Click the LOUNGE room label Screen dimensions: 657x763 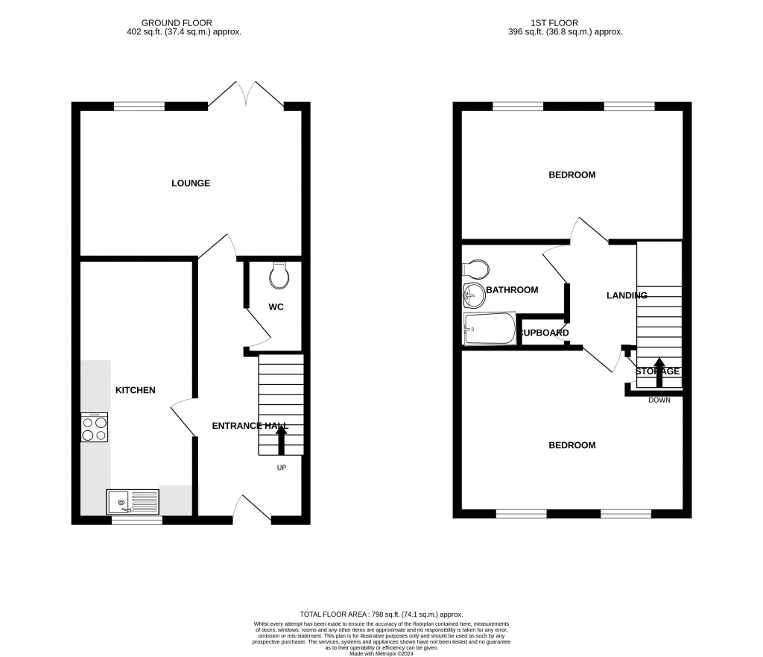pyautogui.click(x=191, y=183)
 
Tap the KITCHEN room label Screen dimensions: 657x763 pyautogui.click(x=135, y=390)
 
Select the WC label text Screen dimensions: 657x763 pyautogui.click(x=276, y=307)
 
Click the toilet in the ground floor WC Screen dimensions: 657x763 pyautogui.click(x=280, y=275)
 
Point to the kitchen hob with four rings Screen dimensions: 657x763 pyautogui.click(x=95, y=427)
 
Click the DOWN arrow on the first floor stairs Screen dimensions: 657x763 pyautogui.click(x=659, y=371)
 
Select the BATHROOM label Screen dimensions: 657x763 pyautogui.click(x=511, y=289)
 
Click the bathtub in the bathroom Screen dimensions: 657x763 pyautogui.click(x=489, y=329)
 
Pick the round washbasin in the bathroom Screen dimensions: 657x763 pyautogui.click(x=473, y=295)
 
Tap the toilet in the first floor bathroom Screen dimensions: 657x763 pyautogui.click(x=475, y=268)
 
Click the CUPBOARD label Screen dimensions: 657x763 pyautogui.click(x=544, y=333)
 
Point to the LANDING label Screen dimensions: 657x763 pyautogui.click(x=627, y=295)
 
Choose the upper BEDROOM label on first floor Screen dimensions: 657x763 pyautogui.click(x=572, y=175)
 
